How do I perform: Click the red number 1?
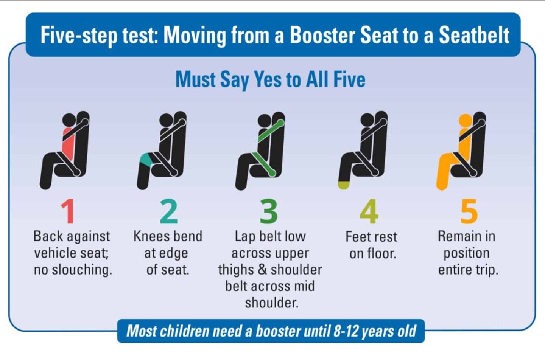(x=68, y=211)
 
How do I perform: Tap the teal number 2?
(x=169, y=211)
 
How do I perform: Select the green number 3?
(x=269, y=211)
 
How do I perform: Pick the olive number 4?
(x=369, y=211)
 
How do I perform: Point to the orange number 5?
(x=469, y=211)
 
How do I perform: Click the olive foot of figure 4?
(x=344, y=185)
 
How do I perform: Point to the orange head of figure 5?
(x=466, y=121)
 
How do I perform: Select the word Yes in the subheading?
(x=268, y=79)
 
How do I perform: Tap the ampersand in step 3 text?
(x=262, y=270)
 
